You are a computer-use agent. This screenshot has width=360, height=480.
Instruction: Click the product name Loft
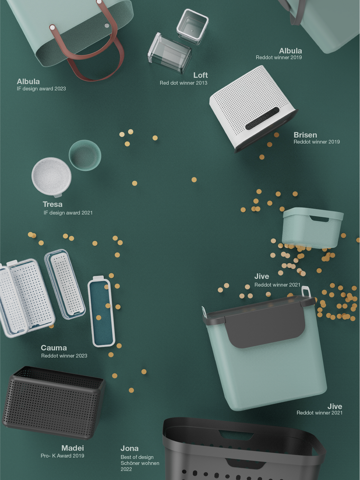pyautogui.click(x=200, y=75)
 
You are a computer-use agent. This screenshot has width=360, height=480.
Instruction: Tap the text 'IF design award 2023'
pyautogui.click(x=41, y=88)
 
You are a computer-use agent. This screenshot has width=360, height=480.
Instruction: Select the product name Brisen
pyautogui.click(x=305, y=135)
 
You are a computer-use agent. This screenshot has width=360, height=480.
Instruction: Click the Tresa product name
pyautogui.click(x=52, y=204)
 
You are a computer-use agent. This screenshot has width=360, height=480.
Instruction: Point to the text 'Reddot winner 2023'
pyautogui.click(x=64, y=356)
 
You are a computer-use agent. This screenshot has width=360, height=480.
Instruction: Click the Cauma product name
pyautogui.click(x=54, y=348)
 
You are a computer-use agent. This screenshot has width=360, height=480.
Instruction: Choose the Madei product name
pyautogui.click(x=73, y=448)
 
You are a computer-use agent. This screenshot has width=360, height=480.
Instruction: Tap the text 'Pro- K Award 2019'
pyautogui.click(x=62, y=456)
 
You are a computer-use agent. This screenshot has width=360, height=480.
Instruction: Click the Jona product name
pyautogui.click(x=129, y=448)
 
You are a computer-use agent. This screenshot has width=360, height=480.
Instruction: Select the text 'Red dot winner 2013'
pyautogui.click(x=183, y=83)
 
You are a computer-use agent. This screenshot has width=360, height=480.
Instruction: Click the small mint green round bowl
pyautogui.click(x=85, y=155)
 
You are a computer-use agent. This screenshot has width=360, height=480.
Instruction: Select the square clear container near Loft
pyautogui.click(x=192, y=27)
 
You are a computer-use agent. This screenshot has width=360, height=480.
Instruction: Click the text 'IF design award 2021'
pyautogui.click(x=68, y=212)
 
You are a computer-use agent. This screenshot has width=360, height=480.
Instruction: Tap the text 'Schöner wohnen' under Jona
pyautogui.click(x=140, y=463)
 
